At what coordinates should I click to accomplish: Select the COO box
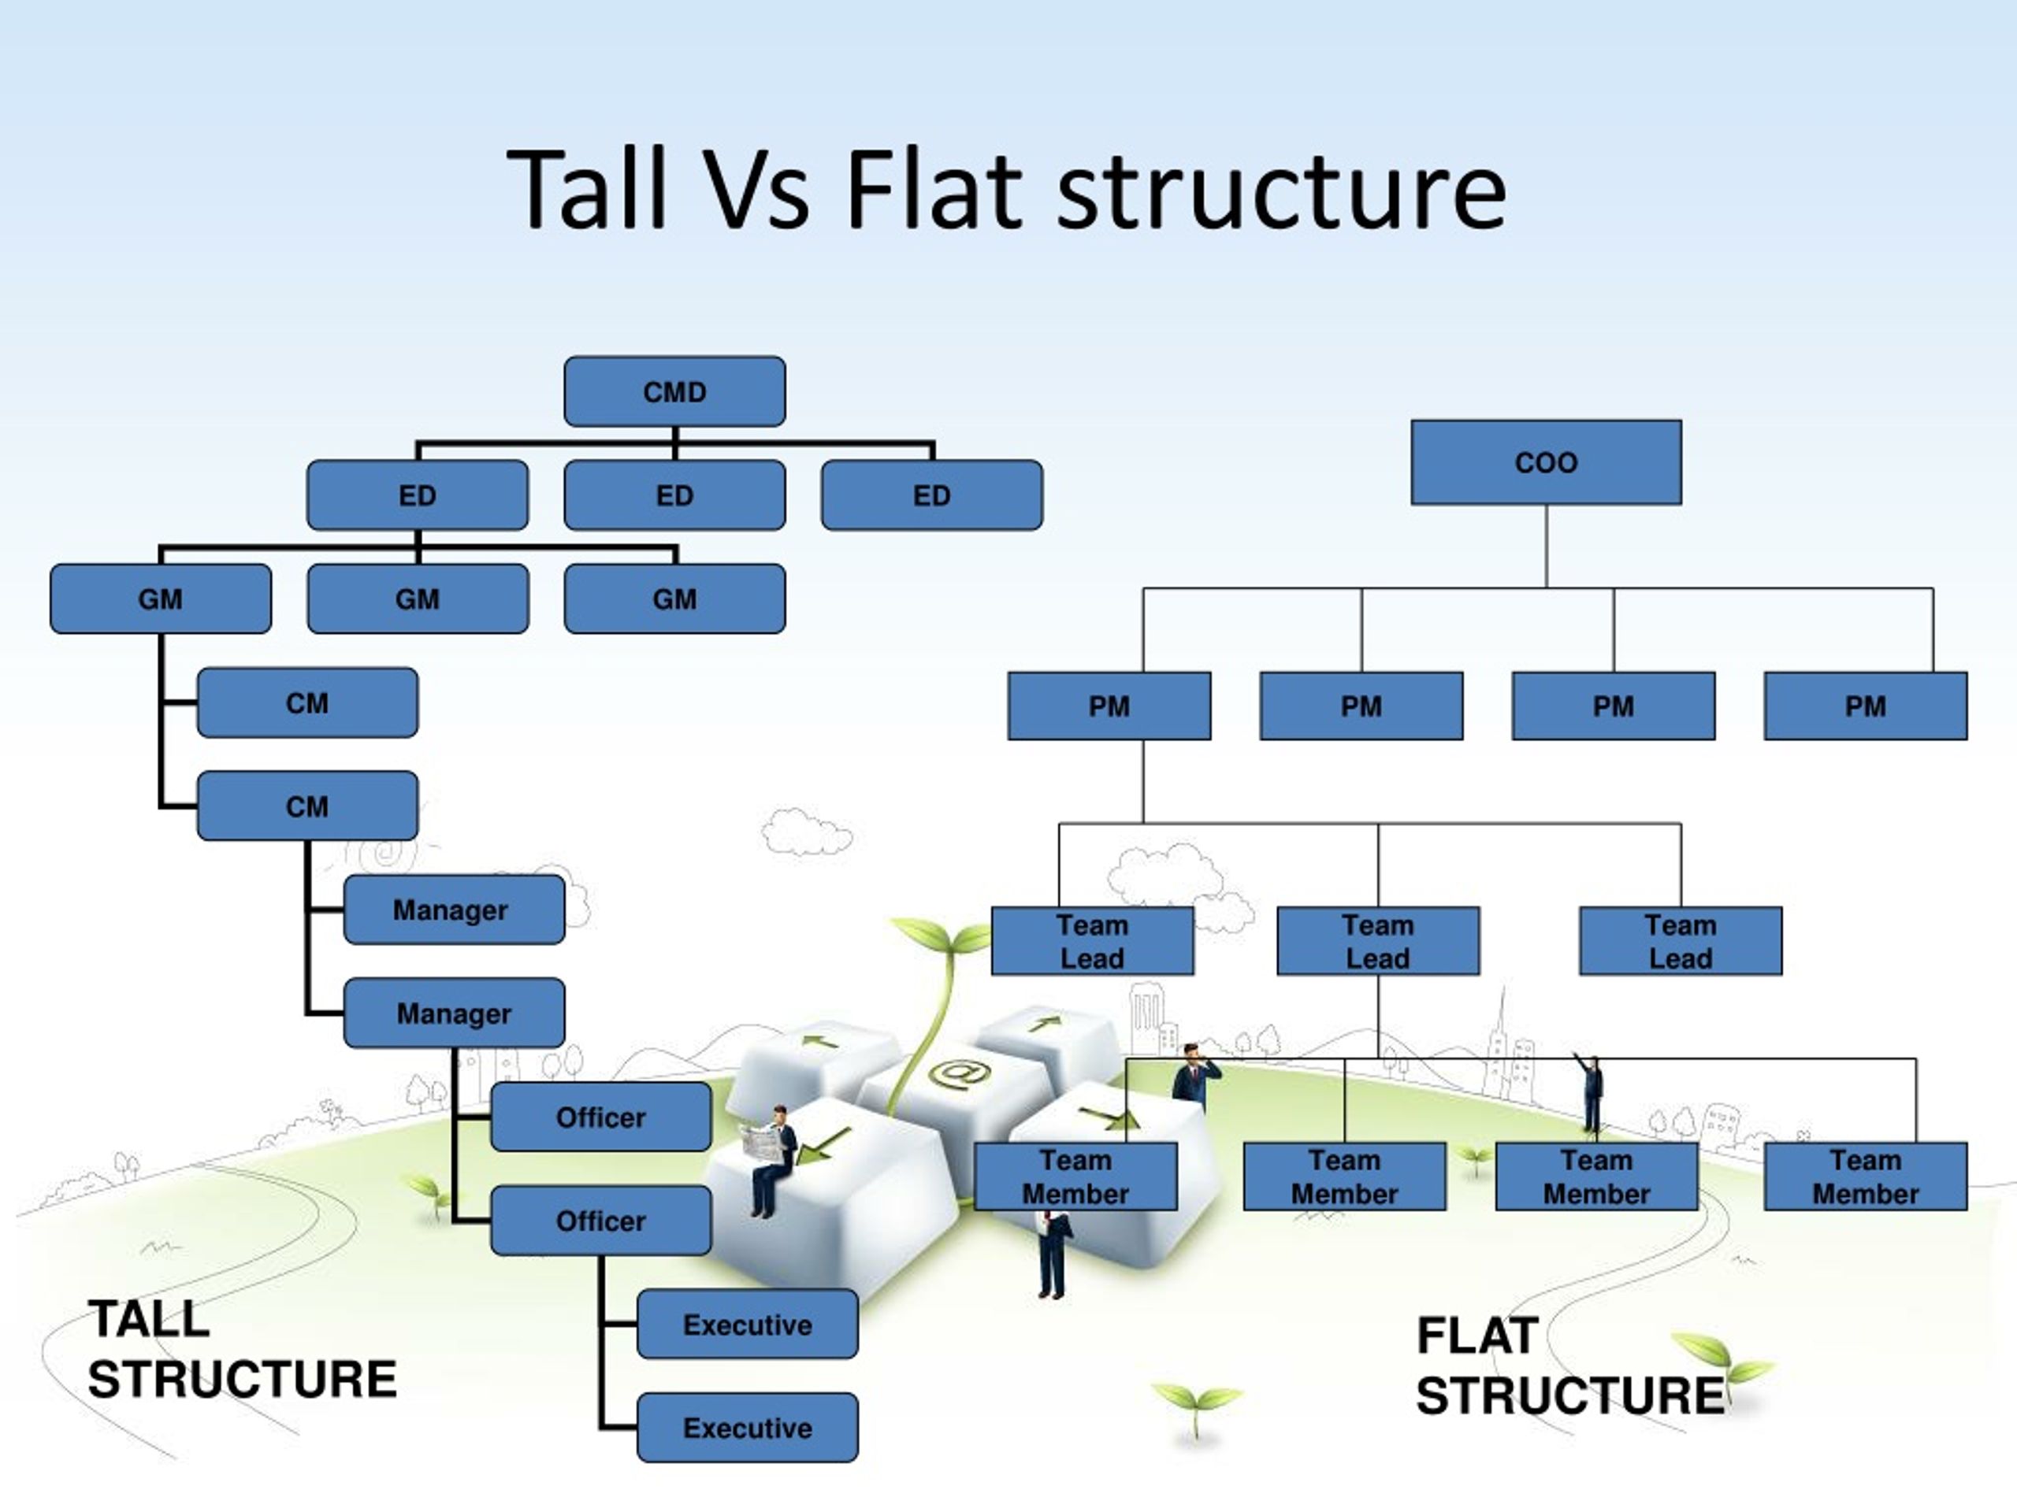(1546, 462)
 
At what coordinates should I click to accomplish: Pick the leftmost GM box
(161, 598)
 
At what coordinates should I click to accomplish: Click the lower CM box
(307, 806)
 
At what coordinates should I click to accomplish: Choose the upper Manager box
(453, 910)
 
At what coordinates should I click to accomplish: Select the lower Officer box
(600, 1221)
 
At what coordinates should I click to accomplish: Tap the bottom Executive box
(747, 1427)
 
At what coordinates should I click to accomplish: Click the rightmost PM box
(1865, 706)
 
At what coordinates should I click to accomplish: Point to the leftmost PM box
(1109, 706)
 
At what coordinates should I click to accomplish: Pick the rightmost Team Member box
(1865, 1177)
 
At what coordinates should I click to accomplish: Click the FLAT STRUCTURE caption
(1569, 1366)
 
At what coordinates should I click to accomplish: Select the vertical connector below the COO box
(1546, 545)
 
